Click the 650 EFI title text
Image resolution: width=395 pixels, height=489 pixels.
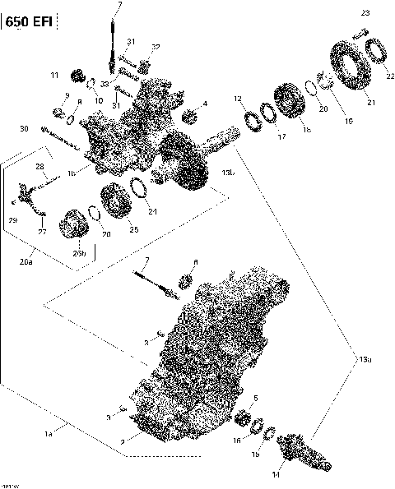[x=30, y=21]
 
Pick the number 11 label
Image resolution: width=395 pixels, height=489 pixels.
[x=54, y=76]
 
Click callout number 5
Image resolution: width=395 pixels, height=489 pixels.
[x=255, y=399]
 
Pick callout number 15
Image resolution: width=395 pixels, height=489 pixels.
[x=255, y=454]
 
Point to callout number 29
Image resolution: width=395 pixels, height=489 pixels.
[x=12, y=220]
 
